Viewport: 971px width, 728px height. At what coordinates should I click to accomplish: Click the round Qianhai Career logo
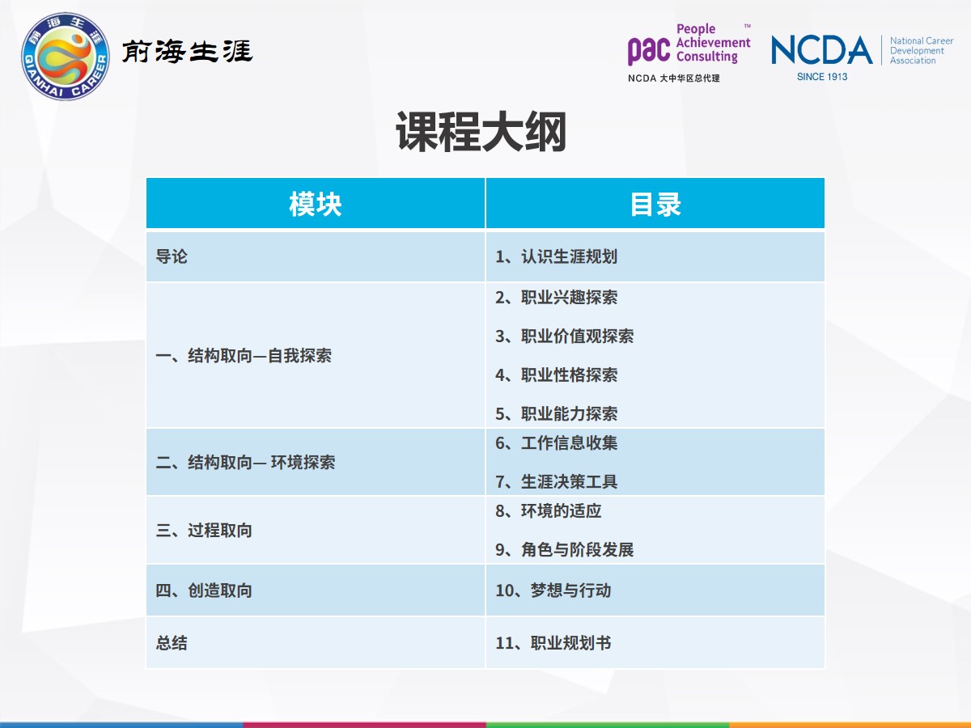[x=66, y=56]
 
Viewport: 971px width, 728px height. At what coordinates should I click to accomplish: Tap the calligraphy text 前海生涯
[x=187, y=51]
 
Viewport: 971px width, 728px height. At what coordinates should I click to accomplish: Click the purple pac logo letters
[x=648, y=50]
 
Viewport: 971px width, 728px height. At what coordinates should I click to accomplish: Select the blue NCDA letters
[x=822, y=50]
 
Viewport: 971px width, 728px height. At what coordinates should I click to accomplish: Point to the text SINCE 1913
[x=822, y=77]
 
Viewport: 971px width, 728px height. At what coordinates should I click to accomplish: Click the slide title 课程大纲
[x=481, y=132]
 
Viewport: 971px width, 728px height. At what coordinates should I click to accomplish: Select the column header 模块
[x=316, y=204]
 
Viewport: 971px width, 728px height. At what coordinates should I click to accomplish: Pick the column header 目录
[x=655, y=204]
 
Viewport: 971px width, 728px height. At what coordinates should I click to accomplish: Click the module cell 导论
[x=172, y=256]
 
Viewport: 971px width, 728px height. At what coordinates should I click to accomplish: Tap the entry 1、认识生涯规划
[x=556, y=256]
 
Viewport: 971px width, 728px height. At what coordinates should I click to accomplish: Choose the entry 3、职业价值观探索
[x=565, y=336]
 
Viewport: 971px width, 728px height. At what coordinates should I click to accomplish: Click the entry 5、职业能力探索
[x=556, y=413]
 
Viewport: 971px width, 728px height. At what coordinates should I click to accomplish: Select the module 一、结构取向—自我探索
[x=244, y=355]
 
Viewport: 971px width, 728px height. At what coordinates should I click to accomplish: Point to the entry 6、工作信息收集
[x=556, y=443]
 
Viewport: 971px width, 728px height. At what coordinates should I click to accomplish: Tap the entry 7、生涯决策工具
[x=556, y=481]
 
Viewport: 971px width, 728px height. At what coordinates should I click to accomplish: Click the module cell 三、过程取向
[x=203, y=531]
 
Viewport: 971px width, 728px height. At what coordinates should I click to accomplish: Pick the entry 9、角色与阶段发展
[x=565, y=549]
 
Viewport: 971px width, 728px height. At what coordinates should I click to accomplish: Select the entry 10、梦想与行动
[x=553, y=590]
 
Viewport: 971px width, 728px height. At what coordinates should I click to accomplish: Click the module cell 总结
[x=172, y=643]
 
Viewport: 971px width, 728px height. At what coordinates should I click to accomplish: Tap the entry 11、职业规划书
[x=553, y=643]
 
